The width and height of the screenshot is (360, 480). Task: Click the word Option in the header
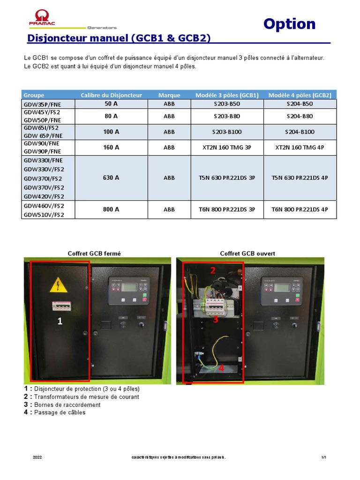(289, 24)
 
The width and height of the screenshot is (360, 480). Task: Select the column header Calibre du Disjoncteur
(111, 95)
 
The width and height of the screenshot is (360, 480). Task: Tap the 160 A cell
(111, 147)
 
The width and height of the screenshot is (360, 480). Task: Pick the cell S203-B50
(226, 104)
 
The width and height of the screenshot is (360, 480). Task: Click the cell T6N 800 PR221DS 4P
(300, 210)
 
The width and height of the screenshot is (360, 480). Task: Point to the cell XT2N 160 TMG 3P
(226, 147)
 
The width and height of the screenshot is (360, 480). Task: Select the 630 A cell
(111, 178)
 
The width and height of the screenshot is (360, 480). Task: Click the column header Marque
(169, 95)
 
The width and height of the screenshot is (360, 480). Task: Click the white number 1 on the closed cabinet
(60, 321)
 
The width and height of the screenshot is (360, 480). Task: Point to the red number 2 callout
(212, 270)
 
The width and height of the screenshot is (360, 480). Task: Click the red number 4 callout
(221, 368)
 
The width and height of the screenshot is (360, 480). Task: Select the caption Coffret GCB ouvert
(247, 254)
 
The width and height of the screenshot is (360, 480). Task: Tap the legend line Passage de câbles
(60, 412)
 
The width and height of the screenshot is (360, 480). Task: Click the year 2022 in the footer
(37, 457)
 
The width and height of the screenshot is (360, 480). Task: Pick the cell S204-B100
(300, 132)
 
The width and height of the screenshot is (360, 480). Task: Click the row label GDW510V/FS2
(44, 215)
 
